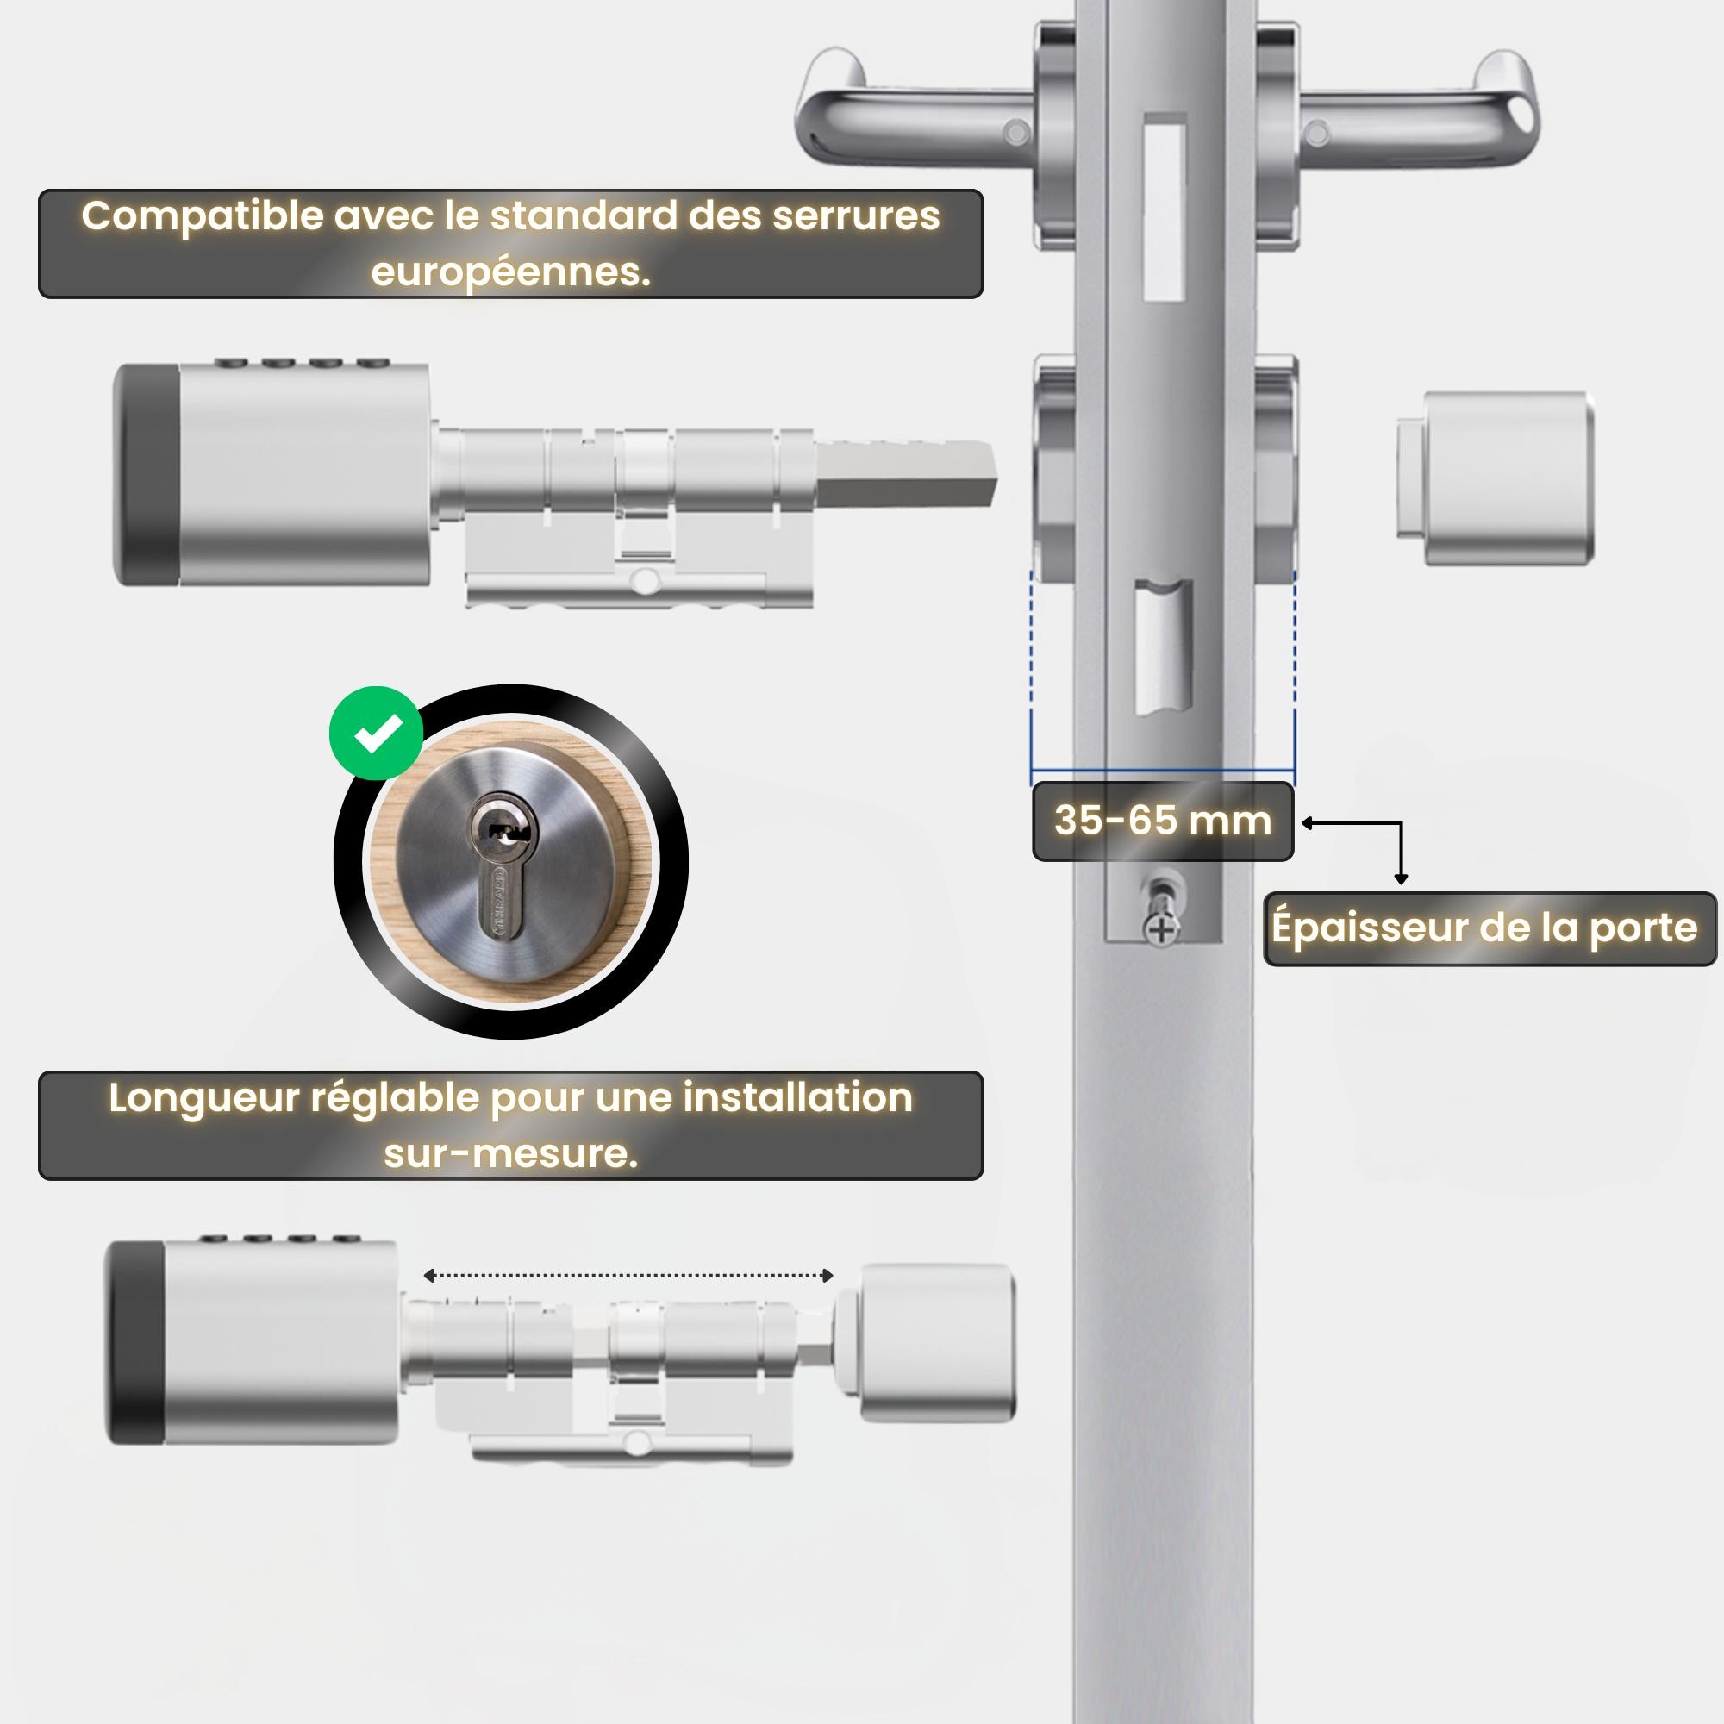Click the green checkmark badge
coord(376,733)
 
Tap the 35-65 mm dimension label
coord(1163,821)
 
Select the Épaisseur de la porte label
coord(1490,928)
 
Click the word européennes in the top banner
coord(510,272)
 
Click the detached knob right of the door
coord(1496,478)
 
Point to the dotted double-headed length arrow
coord(628,1275)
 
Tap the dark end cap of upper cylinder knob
coord(147,475)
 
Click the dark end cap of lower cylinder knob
coord(135,1342)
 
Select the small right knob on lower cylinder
coord(937,1342)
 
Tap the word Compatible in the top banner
coord(203,217)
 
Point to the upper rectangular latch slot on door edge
coord(1165,206)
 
